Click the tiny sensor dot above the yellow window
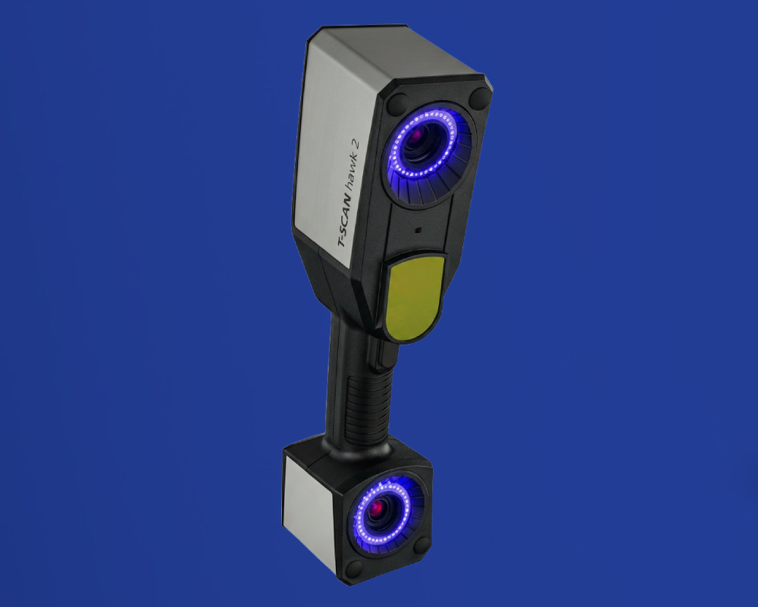(418, 231)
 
